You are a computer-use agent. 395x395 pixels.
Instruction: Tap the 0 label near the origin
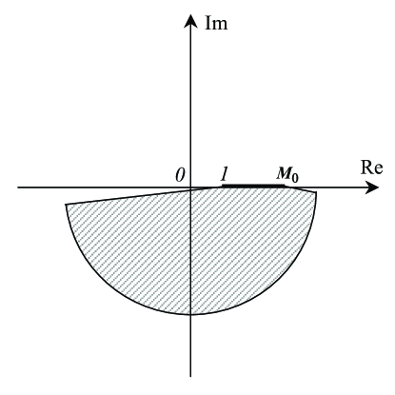[x=178, y=174]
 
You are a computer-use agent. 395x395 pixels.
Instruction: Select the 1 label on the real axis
[x=224, y=174]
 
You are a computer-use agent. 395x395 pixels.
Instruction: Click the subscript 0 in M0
[x=293, y=178]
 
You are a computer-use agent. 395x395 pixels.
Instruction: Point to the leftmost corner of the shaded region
[x=66, y=204]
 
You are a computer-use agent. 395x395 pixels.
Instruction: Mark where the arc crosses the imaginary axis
[x=190, y=313]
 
